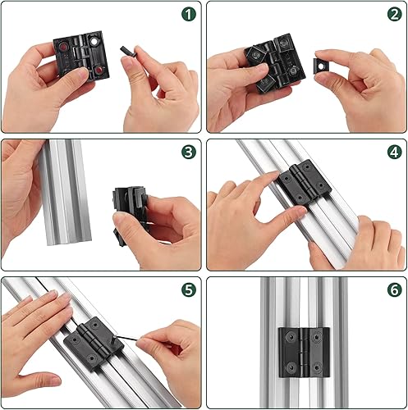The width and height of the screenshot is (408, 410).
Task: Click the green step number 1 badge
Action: click(189, 14)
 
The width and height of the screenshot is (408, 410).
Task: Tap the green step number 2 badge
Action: click(395, 14)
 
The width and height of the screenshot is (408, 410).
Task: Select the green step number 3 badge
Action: click(189, 152)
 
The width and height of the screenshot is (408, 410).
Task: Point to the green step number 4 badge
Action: click(395, 152)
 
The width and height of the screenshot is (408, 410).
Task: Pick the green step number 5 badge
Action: click(189, 289)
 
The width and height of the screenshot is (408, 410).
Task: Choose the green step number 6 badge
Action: click(395, 289)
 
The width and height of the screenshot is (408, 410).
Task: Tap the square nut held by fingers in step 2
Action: click(320, 66)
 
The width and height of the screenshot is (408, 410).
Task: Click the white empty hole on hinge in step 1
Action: click(94, 42)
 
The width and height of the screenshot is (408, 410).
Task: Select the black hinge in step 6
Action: click(304, 353)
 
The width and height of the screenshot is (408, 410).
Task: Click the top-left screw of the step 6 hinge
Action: click(291, 337)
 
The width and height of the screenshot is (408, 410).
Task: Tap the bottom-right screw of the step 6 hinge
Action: click(317, 367)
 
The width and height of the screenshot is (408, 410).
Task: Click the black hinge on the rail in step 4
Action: click(305, 182)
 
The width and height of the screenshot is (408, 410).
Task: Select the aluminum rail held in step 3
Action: click(65, 192)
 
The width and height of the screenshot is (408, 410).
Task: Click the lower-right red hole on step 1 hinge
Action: click(99, 71)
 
